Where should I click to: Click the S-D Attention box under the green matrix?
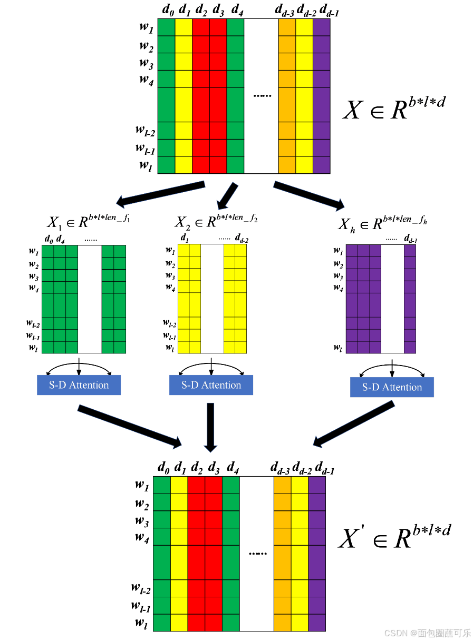point(79,385)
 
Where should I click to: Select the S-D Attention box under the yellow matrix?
point(211,385)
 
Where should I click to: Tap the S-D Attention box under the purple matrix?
point(392,387)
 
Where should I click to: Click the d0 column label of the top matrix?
point(168,10)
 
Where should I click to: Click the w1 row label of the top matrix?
point(146,28)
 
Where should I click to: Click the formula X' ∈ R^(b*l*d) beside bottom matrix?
point(394,536)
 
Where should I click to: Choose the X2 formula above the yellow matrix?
point(216,220)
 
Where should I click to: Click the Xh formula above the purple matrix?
point(382,222)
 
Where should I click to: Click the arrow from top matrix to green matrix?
point(161,193)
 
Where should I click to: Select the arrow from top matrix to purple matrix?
point(308,194)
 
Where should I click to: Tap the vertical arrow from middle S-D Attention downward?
point(211,427)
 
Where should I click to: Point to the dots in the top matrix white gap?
point(262,96)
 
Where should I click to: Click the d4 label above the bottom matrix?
point(231,467)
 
